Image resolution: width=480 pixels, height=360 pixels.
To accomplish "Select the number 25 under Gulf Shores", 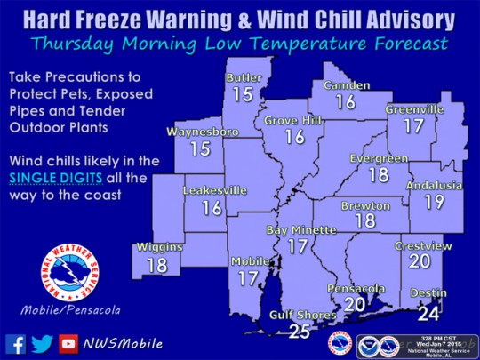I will [300, 332].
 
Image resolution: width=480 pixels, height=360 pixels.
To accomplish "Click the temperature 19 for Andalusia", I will [435, 203].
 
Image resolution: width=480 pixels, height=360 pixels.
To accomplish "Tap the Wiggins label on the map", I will [158, 247].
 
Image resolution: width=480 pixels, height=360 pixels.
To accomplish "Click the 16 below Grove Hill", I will [294, 137].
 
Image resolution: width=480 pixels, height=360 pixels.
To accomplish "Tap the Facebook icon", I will [15, 343].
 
